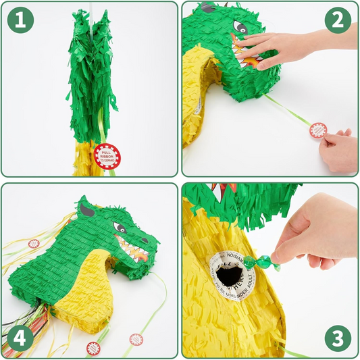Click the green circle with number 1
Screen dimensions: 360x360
pos(21,21)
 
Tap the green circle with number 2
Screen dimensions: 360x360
pos(337,20)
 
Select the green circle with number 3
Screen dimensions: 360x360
pos(337,337)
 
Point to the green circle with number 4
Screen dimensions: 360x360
pos(21,337)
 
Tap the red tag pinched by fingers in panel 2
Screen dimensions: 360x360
pos(317,130)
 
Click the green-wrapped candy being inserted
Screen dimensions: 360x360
pos(257,261)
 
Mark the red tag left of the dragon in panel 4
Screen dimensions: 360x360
pos(33,244)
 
